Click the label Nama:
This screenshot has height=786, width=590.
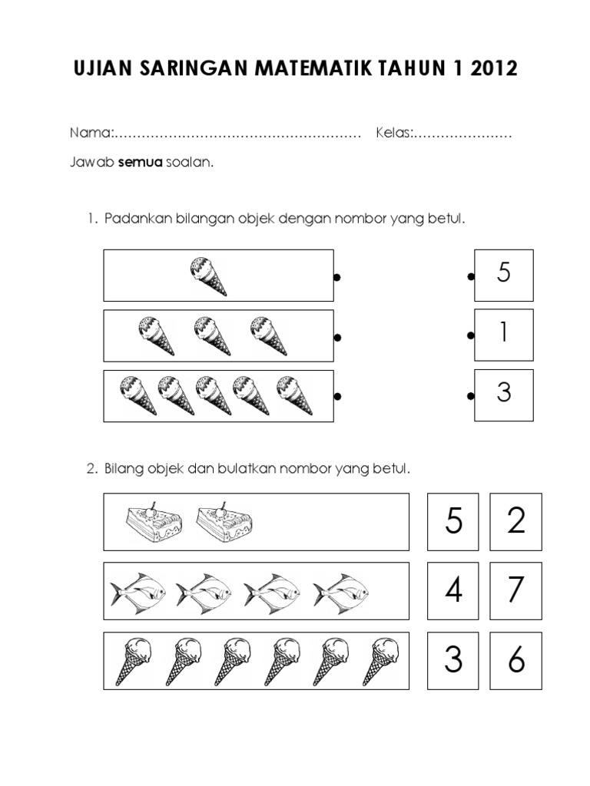91,134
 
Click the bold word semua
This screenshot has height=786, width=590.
140,163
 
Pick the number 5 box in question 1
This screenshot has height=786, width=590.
504,274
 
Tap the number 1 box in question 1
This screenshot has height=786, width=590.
504,334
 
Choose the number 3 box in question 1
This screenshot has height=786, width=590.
504,394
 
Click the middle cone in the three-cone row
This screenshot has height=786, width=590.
212,336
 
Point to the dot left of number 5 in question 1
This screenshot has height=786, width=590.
469,276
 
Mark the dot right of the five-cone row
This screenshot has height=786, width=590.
336,397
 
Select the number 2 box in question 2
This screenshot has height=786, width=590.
515,522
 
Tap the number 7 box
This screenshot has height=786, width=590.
515,590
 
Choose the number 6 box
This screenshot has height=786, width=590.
515,660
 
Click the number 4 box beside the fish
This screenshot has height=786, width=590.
453,590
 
